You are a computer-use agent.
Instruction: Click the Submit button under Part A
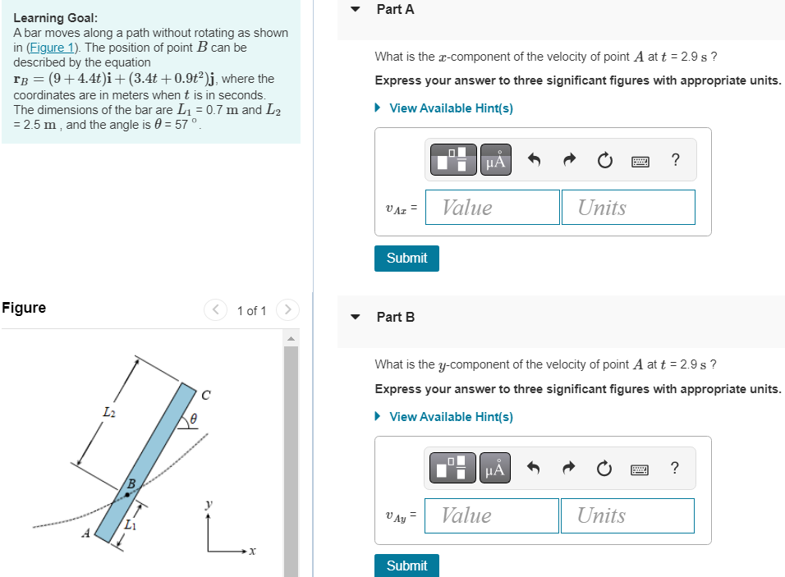(x=406, y=258)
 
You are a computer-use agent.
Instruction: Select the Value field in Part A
(x=492, y=208)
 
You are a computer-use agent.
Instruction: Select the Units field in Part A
(x=627, y=208)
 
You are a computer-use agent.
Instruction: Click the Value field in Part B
(x=491, y=515)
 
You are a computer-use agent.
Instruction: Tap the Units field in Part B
(x=627, y=515)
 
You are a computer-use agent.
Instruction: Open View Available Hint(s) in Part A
(x=450, y=108)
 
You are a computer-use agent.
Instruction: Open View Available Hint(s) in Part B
(x=450, y=417)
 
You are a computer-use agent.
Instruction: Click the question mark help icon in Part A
(x=675, y=161)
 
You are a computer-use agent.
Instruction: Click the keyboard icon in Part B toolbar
(x=640, y=469)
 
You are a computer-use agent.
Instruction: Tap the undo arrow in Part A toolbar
(x=534, y=161)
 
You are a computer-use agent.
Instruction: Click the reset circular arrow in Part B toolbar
(x=604, y=469)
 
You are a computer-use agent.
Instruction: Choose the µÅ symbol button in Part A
(x=495, y=161)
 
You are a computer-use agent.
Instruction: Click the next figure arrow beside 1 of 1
(x=287, y=310)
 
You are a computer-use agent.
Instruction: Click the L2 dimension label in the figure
(x=108, y=412)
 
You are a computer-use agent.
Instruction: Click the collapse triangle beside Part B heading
(x=356, y=317)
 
